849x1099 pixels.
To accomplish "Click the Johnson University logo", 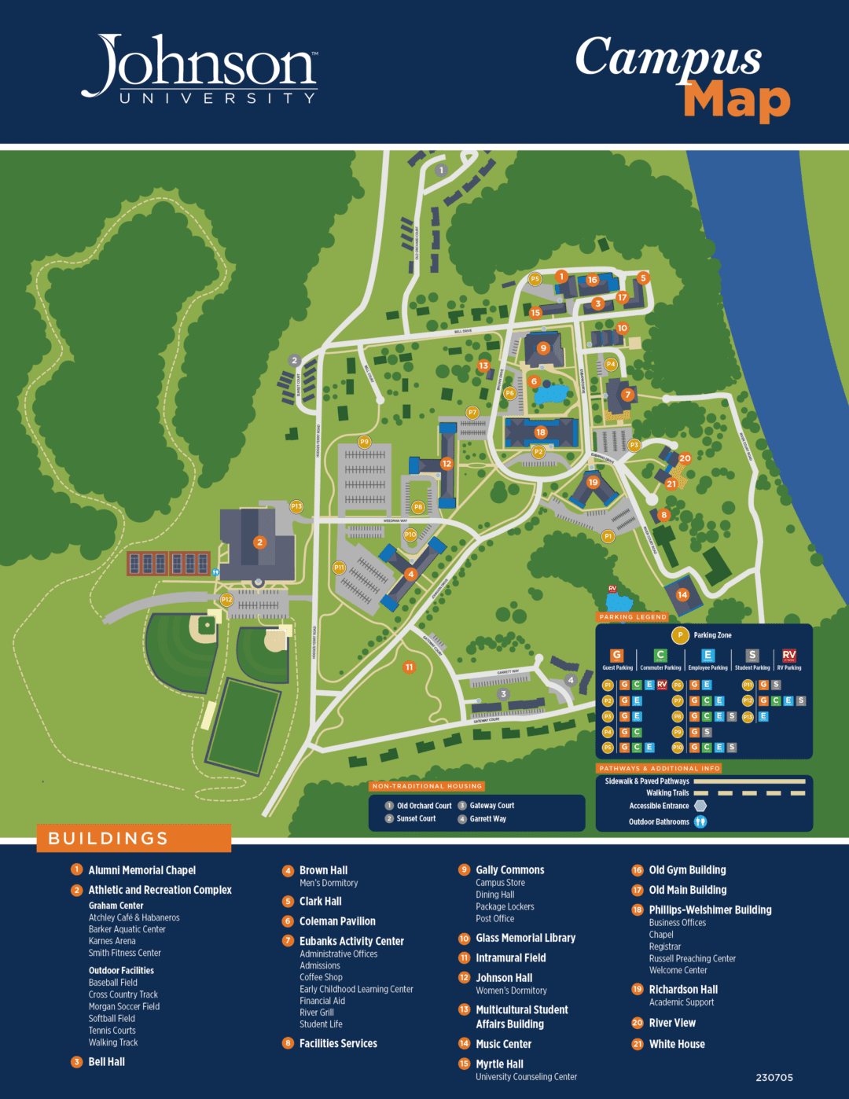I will pos(200,69).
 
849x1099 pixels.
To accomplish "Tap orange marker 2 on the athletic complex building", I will pos(259,542).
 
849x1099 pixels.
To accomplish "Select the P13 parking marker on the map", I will pos(296,507).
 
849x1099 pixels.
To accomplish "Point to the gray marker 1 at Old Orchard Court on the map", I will pos(441,170).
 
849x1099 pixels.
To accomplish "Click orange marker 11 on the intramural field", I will pos(409,667).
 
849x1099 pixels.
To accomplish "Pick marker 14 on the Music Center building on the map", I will pos(682,595).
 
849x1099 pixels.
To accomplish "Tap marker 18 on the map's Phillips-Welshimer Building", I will pos(540,432).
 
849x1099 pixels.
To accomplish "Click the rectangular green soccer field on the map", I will pos(244,720).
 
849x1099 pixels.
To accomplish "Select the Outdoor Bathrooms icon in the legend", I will pos(700,821).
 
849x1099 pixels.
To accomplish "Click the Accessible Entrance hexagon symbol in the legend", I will pos(700,806).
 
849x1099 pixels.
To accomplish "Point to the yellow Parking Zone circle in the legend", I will pos(680,635).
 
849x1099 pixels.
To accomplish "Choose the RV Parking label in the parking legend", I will pos(789,667).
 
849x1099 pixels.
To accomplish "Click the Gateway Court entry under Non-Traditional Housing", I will pos(492,806).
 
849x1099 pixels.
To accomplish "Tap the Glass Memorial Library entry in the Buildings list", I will pos(525,938).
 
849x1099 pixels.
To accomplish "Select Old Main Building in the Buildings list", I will pos(687,890).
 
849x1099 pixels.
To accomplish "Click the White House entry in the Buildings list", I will pos(677,1044).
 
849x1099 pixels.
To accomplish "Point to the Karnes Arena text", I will pos(112,941).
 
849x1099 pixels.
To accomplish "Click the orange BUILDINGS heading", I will pos(108,838).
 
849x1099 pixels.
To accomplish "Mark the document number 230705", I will pos(774,1078).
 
